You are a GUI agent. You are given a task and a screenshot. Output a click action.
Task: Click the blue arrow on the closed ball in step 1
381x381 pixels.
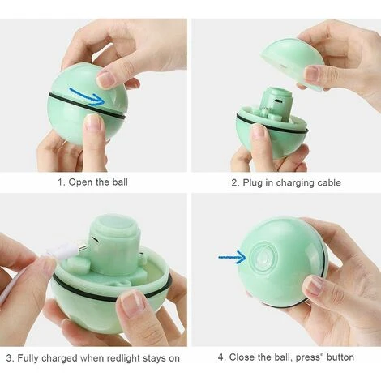(x=88, y=96)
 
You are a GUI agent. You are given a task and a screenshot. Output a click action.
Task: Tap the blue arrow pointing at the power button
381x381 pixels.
(x=233, y=257)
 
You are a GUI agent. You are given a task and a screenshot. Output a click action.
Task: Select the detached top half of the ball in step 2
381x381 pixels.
(x=292, y=64)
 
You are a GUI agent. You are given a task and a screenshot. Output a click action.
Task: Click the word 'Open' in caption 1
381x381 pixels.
(x=80, y=182)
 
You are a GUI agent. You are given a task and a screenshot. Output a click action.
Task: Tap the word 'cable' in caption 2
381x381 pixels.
(x=329, y=183)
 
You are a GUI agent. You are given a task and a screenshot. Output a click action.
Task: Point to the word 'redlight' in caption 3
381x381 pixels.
(x=123, y=358)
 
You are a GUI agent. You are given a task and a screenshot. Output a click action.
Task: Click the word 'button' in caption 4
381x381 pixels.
(x=340, y=357)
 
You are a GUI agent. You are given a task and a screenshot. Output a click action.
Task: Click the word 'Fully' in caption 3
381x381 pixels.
(x=28, y=358)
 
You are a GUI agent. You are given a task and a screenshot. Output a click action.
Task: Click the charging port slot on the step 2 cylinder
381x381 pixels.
(x=278, y=101)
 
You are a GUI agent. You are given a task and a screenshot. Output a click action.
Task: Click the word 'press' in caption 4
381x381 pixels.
(x=308, y=357)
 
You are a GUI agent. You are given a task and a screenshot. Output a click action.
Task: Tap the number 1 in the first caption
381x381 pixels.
(x=61, y=182)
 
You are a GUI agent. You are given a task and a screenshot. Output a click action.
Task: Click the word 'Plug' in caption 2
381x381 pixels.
(x=253, y=183)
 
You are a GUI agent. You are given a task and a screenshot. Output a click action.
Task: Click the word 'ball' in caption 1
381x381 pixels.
(x=120, y=182)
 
